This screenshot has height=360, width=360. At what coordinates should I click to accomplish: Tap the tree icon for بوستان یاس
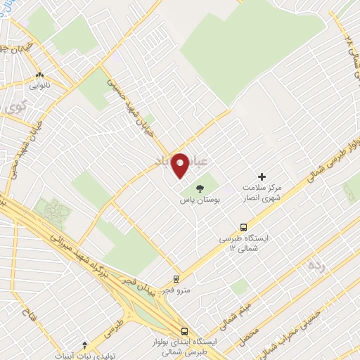[199, 188]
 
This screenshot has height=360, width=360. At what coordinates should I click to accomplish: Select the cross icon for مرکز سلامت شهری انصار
[263, 177]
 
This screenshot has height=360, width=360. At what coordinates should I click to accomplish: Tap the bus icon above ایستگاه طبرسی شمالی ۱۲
[243, 227]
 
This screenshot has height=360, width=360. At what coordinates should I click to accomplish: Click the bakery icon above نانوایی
[40, 75]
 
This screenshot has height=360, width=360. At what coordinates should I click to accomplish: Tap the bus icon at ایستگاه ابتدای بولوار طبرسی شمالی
[184, 330]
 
